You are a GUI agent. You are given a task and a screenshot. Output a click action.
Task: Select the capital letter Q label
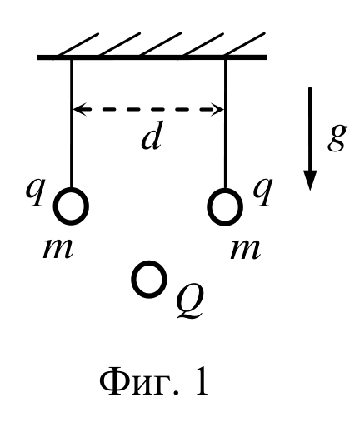(190, 302)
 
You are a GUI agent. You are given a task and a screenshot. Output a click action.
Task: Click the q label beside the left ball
(36, 191)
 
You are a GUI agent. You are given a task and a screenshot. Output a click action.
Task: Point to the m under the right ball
(246, 249)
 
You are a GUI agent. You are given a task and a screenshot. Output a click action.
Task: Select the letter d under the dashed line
(152, 138)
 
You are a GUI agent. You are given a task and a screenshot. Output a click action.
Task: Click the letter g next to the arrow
(337, 138)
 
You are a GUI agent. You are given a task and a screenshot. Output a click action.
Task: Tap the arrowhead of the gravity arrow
(310, 181)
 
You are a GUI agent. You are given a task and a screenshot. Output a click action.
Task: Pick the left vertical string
(72, 124)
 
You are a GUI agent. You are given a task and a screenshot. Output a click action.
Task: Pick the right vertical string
(225, 124)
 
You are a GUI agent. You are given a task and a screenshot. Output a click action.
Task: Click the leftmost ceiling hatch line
(78, 45)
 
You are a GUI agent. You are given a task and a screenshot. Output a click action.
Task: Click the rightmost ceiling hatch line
(245, 44)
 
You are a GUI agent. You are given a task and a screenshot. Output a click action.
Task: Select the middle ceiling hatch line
(161, 44)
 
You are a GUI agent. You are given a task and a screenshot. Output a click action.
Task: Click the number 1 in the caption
(199, 380)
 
